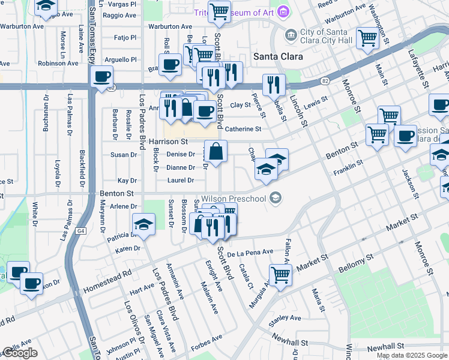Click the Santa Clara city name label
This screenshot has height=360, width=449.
(277, 56)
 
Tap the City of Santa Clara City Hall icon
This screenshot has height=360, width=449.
(291, 35)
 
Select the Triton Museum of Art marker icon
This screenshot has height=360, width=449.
(283, 12)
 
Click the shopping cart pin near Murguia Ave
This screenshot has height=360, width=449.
(280, 275)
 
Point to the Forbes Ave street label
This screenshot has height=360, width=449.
(207, 346)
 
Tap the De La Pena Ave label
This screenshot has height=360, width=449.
(250, 252)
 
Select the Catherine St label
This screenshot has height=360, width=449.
(243, 129)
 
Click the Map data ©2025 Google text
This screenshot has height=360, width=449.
(411, 355)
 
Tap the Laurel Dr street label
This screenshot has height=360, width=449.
(181, 181)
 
